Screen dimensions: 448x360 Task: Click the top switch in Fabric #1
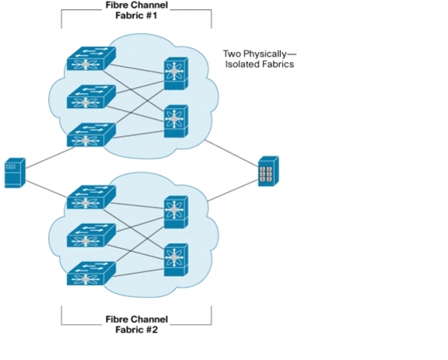(x=92, y=58)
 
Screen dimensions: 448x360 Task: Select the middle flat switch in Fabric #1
(x=92, y=96)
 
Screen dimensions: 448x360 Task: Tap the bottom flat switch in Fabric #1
(x=92, y=135)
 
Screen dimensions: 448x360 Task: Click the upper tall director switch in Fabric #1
(x=176, y=73)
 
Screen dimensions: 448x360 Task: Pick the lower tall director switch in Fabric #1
(x=176, y=121)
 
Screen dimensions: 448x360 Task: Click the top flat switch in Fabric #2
(x=92, y=197)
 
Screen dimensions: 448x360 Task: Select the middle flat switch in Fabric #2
(x=92, y=236)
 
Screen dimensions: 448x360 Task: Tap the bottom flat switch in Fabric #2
(x=92, y=274)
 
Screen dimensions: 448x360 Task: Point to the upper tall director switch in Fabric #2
(x=176, y=212)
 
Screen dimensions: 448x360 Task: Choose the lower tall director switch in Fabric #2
(x=176, y=260)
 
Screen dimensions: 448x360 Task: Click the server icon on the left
(x=15, y=173)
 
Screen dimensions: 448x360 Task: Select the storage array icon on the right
(x=268, y=171)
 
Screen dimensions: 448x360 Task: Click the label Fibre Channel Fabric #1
(x=137, y=10)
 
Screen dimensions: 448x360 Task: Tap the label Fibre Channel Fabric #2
(x=137, y=324)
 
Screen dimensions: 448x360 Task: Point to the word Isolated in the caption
(x=239, y=64)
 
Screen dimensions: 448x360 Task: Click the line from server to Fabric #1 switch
(x=51, y=157)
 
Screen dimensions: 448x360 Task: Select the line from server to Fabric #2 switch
(x=47, y=189)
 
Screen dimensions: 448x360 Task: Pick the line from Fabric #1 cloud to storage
(x=232, y=153)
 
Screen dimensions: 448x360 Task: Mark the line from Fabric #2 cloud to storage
(x=233, y=190)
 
